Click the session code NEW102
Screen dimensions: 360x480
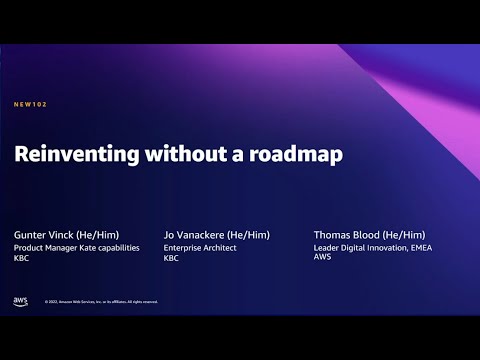(x=31, y=104)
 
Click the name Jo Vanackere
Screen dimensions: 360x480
(x=191, y=233)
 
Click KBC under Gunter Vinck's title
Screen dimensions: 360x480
(x=21, y=258)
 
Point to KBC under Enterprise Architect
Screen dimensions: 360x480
(x=171, y=258)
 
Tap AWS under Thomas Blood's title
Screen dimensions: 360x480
(x=322, y=258)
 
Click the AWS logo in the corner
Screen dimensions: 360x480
(x=21, y=300)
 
